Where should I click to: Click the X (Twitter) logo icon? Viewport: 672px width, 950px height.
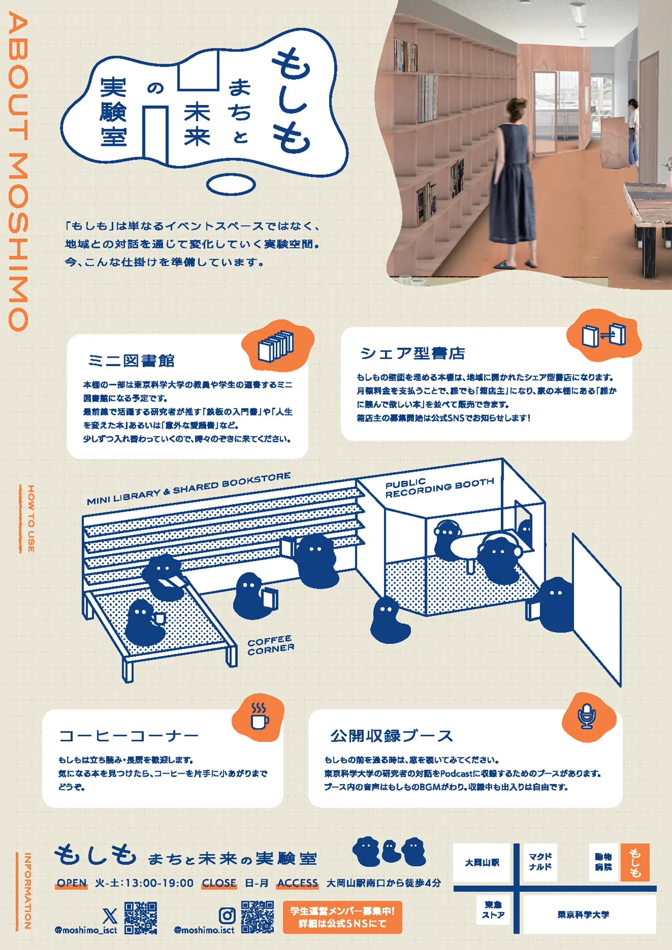click(110, 915)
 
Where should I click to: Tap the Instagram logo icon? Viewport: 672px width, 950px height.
click(227, 915)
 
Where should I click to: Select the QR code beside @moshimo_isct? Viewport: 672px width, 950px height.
click(140, 917)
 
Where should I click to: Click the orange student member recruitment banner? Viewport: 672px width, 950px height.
click(343, 917)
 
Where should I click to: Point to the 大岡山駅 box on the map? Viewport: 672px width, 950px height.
click(482, 863)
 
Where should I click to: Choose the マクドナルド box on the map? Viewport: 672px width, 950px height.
click(540, 862)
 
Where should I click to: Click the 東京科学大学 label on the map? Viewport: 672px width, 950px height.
click(583, 915)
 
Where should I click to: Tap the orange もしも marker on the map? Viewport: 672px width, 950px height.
click(635, 862)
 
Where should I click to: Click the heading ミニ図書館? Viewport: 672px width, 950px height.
click(131, 361)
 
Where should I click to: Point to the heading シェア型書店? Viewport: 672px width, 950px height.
click(413, 353)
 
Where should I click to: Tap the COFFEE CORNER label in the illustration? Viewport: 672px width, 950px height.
click(271, 645)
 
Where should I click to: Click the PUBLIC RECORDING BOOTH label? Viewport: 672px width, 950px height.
click(439, 488)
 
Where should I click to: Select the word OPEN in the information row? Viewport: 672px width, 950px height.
click(72, 883)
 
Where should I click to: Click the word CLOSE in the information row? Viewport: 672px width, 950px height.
click(219, 883)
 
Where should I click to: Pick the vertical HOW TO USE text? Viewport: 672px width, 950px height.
click(31, 518)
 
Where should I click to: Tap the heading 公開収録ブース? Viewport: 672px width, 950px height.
click(392, 736)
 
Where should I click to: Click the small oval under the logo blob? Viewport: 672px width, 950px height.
click(231, 185)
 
